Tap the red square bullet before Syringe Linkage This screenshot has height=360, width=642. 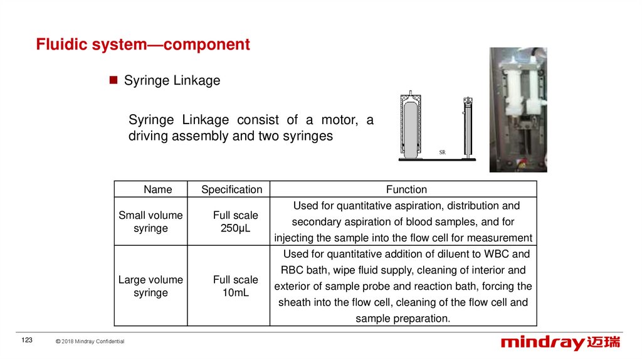(x=113, y=80)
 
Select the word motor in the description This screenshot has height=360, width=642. (x=339, y=120)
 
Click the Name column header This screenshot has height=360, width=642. (x=157, y=189)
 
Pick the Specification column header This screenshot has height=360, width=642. (x=231, y=189)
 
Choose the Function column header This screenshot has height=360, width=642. (x=406, y=189)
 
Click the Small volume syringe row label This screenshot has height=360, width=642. (x=150, y=221)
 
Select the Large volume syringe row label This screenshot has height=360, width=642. (x=150, y=286)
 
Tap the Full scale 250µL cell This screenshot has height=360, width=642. (x=235, y=221)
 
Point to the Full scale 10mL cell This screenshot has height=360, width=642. (x=235, y=286)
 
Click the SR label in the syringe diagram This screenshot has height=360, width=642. (x=442, y=152)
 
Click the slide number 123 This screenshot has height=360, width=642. (x=27, y=340)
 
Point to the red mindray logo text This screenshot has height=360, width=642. (x=542, y=342)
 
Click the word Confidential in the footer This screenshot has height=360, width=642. (x=109, y=341)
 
